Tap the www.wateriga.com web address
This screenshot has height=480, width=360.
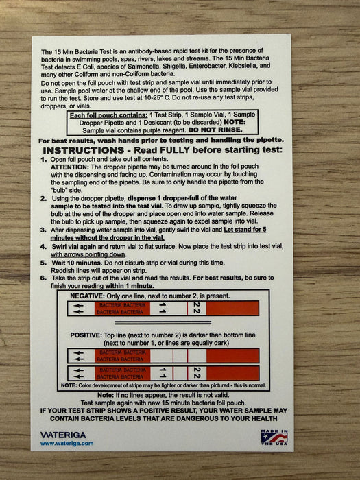point(67,444)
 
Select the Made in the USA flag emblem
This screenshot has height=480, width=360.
point(273,437)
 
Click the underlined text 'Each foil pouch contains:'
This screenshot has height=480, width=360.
point(110,115)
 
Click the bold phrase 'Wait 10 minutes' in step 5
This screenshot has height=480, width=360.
point(74,261)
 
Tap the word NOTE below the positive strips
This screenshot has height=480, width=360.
point(69,385)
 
